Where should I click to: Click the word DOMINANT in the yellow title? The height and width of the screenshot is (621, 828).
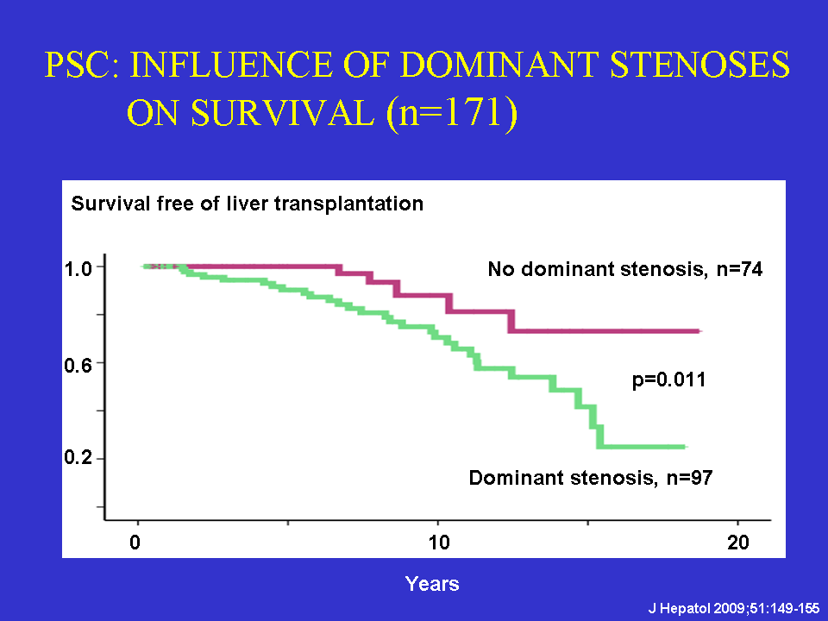coord(499,65)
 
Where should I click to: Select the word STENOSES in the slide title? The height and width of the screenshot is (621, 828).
coord(700,65)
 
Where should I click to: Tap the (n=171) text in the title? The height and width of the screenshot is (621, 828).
coord(452,113)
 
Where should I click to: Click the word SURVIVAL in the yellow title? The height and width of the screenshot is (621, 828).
coord(283,113)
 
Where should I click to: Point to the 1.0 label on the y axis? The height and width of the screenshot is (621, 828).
coord(78,269)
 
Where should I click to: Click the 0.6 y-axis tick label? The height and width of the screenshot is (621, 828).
coord(78,365)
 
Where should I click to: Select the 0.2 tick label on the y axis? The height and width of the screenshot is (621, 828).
coord(78,457)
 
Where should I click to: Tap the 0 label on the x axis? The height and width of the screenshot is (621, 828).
coord(135,543)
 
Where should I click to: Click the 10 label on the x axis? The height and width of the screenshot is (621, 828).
coord(439,543)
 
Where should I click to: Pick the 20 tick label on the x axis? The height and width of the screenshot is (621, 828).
coord(738,543)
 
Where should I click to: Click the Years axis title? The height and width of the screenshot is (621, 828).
coord(432,584)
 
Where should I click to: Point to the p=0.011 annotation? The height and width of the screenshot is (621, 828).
coord(668,380)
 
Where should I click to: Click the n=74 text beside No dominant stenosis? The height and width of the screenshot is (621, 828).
coord(739,269)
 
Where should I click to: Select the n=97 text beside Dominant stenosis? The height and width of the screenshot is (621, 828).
coord(689,478)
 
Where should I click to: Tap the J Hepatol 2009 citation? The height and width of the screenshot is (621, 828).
coord(734,608)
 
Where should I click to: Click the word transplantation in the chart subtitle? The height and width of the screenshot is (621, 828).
coord(349,204)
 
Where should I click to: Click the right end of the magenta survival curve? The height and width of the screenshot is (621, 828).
coord(700,331)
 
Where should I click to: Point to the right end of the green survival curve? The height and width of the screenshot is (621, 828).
coord(686,447)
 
